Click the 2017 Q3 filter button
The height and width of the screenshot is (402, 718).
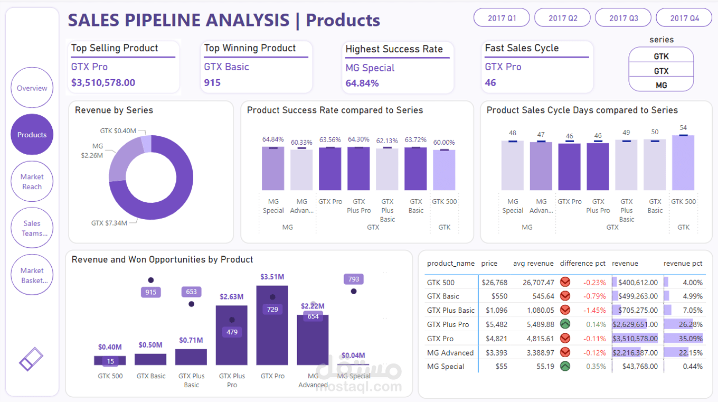point(623,18)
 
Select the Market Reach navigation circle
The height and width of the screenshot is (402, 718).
point(32,181)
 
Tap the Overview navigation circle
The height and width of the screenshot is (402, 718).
point(32,88)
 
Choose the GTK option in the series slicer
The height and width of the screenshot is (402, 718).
point(661,56)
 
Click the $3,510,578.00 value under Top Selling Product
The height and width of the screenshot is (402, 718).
point(103,82)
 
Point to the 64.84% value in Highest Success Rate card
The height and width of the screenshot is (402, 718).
point(362,83)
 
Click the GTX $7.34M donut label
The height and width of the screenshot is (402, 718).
point(109,223)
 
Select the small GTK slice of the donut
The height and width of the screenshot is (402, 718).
point(146,144)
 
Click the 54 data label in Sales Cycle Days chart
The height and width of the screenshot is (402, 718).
point(683,128)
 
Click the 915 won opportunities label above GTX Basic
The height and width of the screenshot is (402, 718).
point(151,292)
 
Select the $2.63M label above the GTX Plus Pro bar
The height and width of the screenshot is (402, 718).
point(231,296)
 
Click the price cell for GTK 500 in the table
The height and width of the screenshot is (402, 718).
point(494,283)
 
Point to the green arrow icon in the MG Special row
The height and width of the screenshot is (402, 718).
point(565,366)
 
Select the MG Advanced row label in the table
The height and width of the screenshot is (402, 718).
point(450,352)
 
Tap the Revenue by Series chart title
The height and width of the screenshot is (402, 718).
point(114,110)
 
